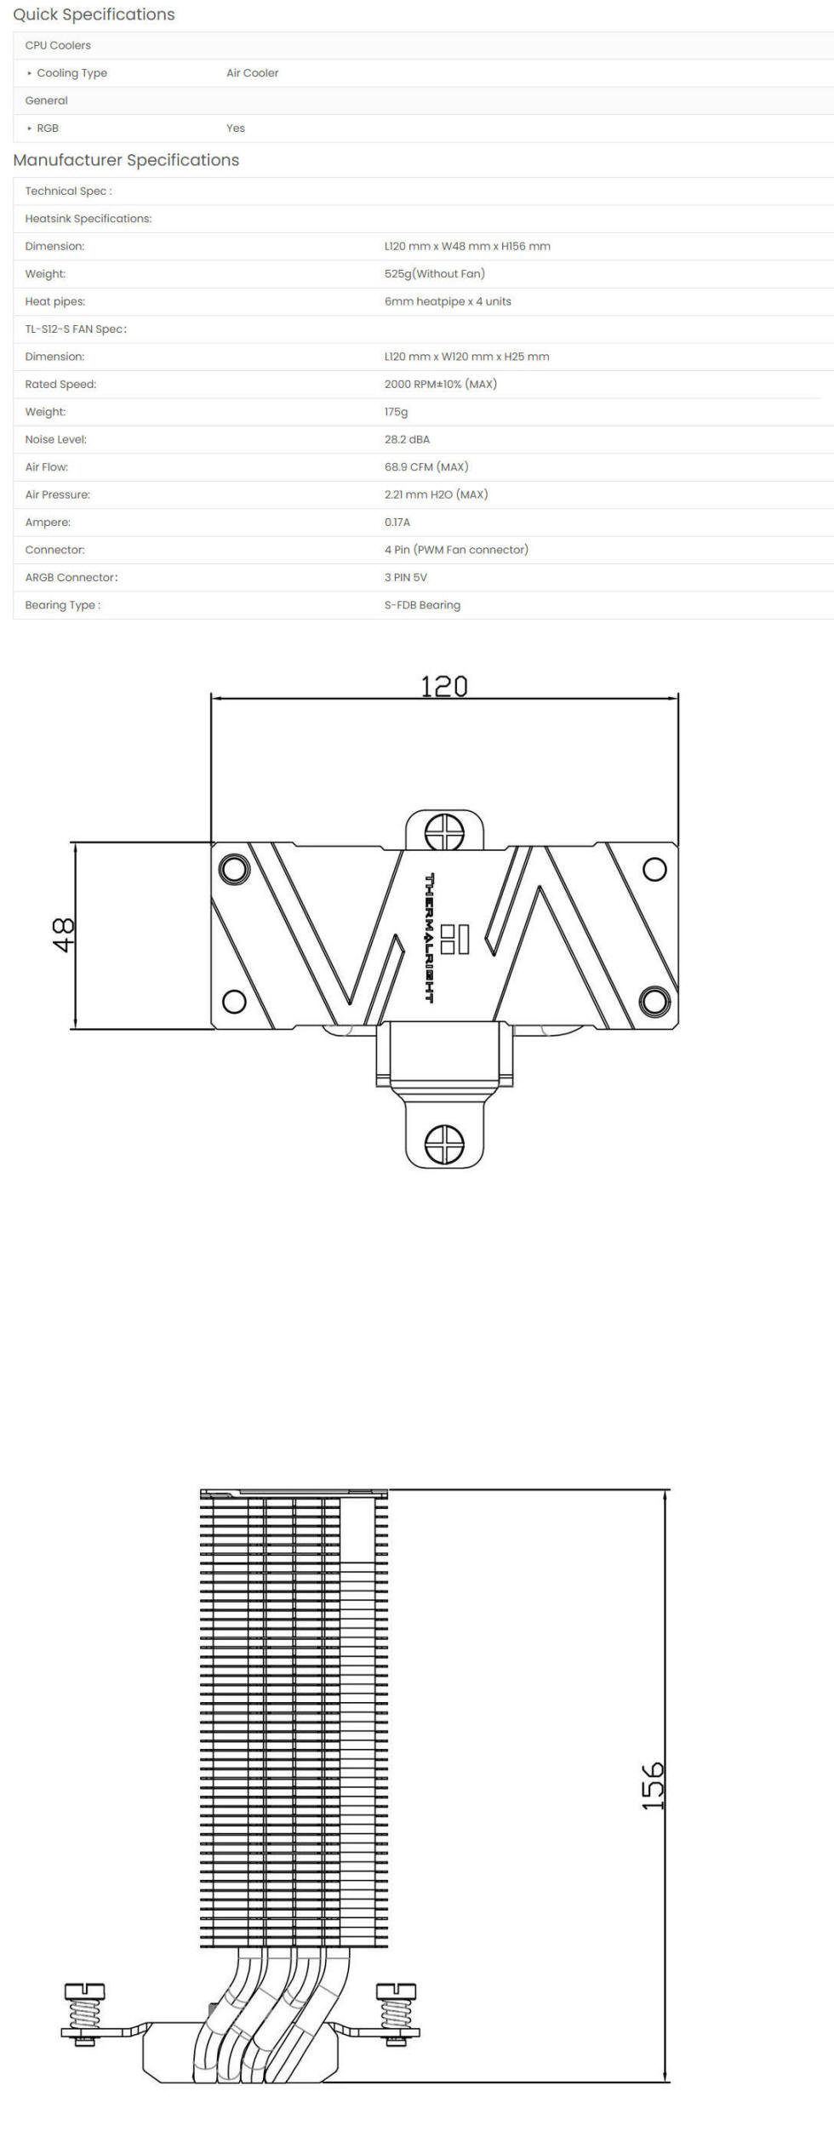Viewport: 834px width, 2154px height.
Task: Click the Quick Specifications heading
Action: click(94, 14)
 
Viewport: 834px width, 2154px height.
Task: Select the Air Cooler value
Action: click(252, 73)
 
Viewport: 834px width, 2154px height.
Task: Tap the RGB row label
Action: click(48, 129)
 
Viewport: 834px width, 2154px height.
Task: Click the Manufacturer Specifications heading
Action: click(126, 160)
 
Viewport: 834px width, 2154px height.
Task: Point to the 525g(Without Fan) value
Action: click(434, 274)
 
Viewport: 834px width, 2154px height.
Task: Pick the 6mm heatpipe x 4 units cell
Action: click(448, 301)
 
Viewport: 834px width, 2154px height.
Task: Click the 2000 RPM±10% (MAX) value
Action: click(440, 385)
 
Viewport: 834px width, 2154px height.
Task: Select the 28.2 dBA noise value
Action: click(407, 440)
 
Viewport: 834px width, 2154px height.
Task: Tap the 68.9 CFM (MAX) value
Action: click(426, 467)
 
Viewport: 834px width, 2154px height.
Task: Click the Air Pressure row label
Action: click(57, 494)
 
